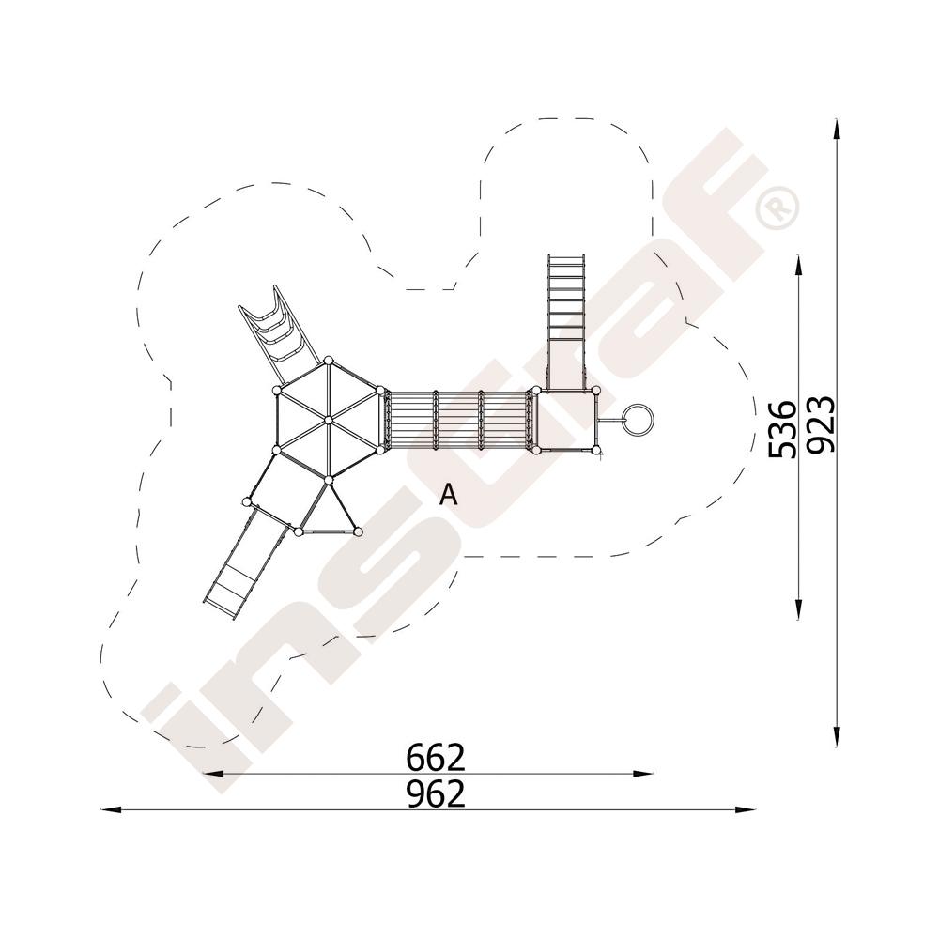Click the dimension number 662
pyautogui.click(x=436, y=758)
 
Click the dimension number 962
pyautogui.click(x=436, y=794)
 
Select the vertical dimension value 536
pyautogui.click(x=783, y=429)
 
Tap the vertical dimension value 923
pyautogui.click(x=820, y=424)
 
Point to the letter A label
pyautogui.click(x=449, y=495)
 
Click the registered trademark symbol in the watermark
pyautogui.click(x=777, y=208)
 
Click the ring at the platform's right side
pyautogui.click(x=639, y=420)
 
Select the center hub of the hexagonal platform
pyautogui.click(x=328, y=421)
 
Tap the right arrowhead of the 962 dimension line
pyautogui.click(x=745, y=810)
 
